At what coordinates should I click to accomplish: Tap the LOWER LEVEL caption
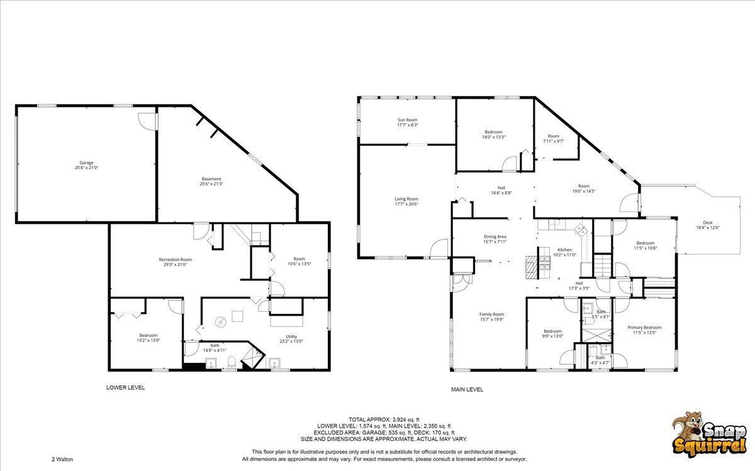(125, 387)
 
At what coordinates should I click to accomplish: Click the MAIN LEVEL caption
(467, 389)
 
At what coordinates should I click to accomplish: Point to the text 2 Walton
(62, 459)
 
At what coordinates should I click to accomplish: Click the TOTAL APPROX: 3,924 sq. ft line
(384, 419)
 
